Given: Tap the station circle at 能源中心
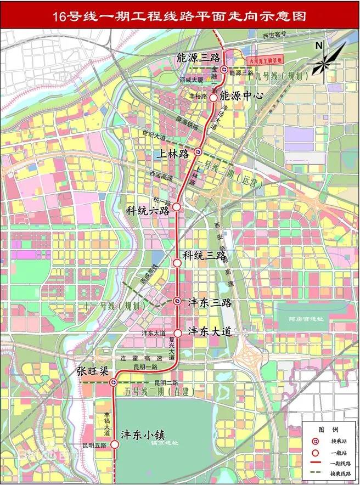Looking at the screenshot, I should pyautogui.click(x=213, y=97).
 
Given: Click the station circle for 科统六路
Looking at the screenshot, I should pyautogui.click(x=177, y=207).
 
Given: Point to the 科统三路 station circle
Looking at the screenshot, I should pyautogui.click(x=177, y=263).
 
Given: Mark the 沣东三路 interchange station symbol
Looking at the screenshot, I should pyautogui.click(x=177, y=301).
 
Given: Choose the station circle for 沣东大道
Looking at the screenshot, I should pyautogui.click(x=178, y=333).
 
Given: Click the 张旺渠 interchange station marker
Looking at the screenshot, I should pyautogui.click(x=114, y=382).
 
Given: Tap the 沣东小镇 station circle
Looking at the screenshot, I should pyautogui.click(x=115, y=444).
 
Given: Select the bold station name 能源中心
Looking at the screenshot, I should pyautogui.click(x=241, y=95).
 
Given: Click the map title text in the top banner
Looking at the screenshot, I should pyautogui.click(x=179, y=17).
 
